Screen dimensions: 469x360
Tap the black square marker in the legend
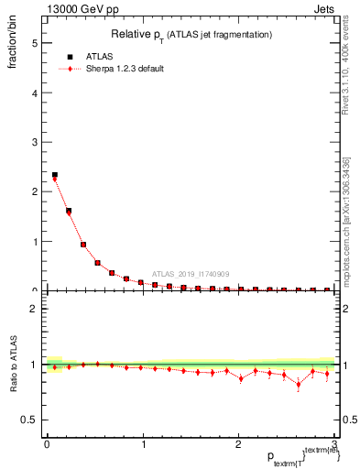[x=70, y=56]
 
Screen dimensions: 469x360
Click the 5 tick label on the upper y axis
[x=34, y=43]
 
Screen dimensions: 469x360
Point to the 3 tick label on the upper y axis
[x=34, y=142]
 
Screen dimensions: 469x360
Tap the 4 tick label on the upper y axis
[x=34, y=93]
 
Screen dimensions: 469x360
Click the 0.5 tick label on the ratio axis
[x=29, y=420]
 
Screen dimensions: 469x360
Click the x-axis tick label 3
[x=335, y=445]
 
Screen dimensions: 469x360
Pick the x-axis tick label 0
[x=47, y=445]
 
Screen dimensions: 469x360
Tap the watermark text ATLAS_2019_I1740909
[x=191, y=274]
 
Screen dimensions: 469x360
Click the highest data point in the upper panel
[x=55, y=175]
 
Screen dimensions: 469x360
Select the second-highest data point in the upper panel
[x=69, y=211]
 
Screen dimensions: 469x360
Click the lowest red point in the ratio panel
[x=299, y=384]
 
